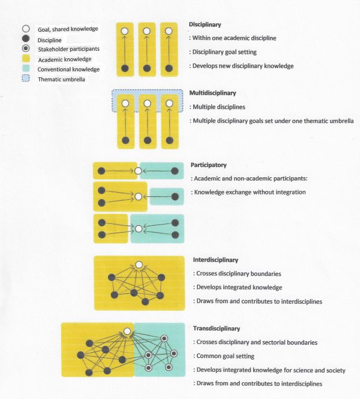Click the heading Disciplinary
coord(205,25)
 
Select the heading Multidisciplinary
coord(212,93)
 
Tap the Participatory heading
coord(208,165)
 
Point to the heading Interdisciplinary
coord(215,260)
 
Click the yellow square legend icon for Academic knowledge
coord(26,59)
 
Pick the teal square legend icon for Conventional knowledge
coord(26,69)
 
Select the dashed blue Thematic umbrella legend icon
coord(26,79)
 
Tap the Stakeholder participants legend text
coord(68,49)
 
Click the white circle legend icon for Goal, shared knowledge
coord(26,29)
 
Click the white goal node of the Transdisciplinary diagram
coord(127,332)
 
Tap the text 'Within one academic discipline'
coord(234,38)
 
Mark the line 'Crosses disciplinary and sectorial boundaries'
coord(256,342)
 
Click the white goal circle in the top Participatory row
coord(138,171)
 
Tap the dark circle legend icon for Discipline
coord(26,39)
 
